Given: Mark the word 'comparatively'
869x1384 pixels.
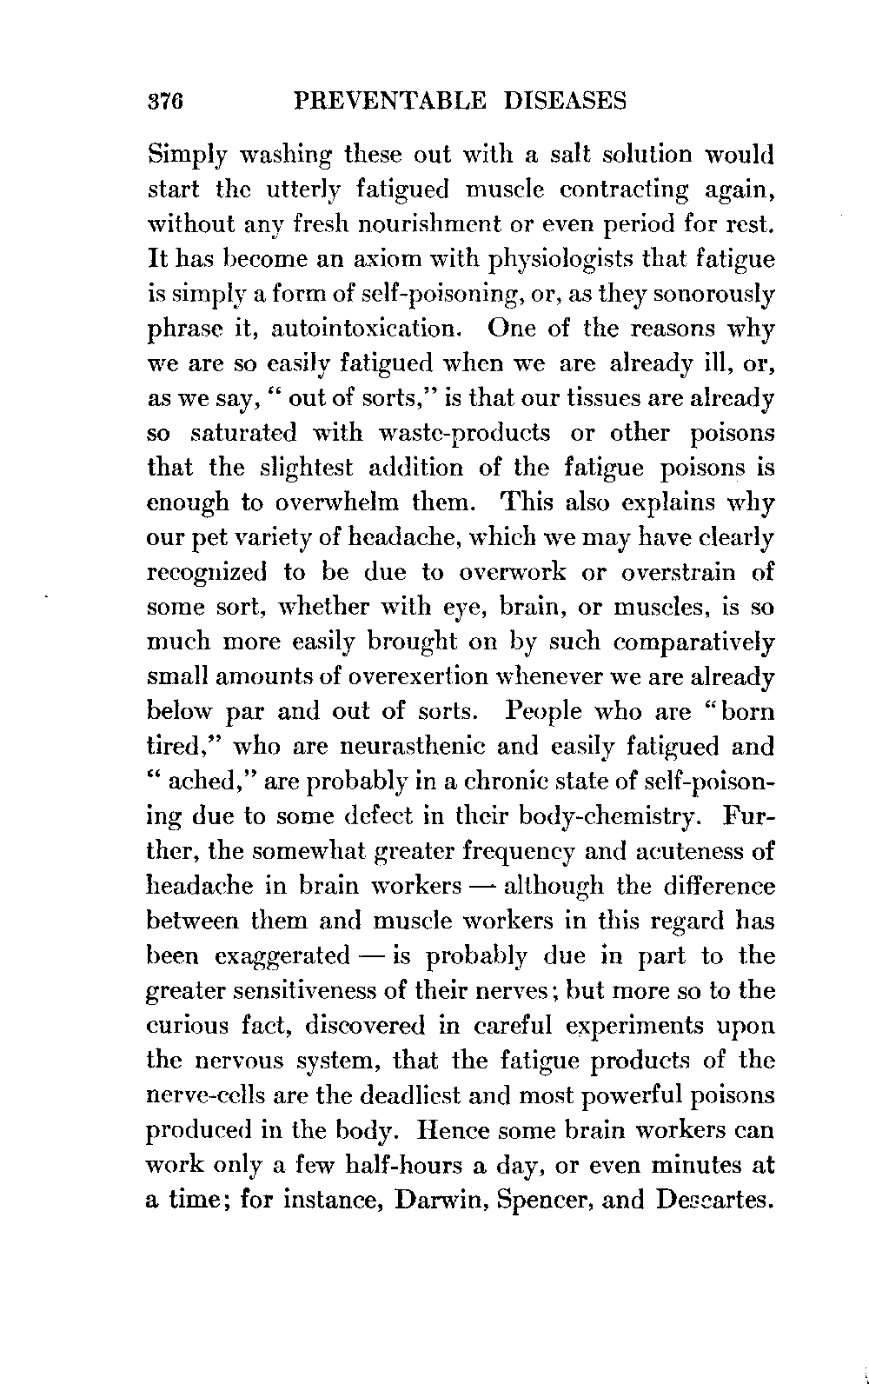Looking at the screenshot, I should tap(695, 643).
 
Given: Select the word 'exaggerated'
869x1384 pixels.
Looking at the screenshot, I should tap(282, 956).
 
